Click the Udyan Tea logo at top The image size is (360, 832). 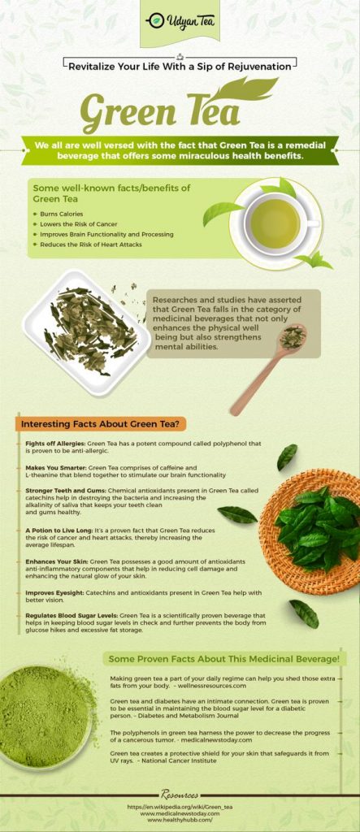pos(180,21)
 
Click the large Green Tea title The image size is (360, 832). pos(149,115)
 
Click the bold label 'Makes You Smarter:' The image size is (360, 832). pos(56,468)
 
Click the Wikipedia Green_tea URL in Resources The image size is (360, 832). pos(180,807)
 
